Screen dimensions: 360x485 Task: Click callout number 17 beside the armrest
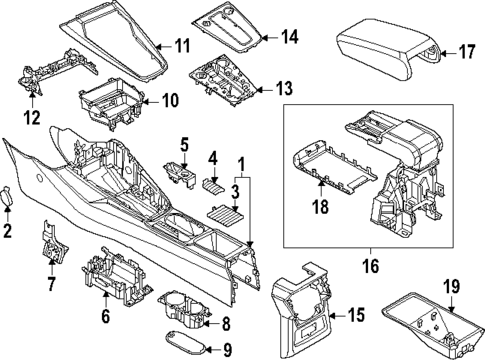(x=466, y=51)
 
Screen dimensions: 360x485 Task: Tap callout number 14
(x=289, y=38)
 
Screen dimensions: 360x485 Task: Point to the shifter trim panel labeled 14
(x=232, y=29)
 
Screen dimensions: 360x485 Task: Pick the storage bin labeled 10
(x=111, y=101)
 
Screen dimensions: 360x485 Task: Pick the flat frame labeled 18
(x=330, y=165)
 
